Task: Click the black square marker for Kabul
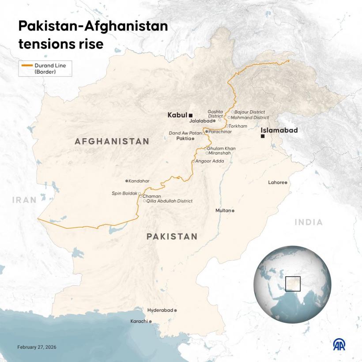coord(191,115)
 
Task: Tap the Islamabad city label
coord(279,130)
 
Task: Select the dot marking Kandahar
coord(127,181)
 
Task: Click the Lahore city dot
coord(286,183)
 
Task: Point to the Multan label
coord(223,211)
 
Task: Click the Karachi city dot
coord(151,321)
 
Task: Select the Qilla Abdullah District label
coord(170,201)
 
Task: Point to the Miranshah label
coord(219,153)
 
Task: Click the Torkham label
coord(238,126)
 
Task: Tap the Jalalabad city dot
coord(214,121)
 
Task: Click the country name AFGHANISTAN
coord(112,142)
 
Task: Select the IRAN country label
coord(24,200)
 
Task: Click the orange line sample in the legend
coord(27,65)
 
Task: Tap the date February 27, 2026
coord(37,347)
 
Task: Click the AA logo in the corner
coord(339,345)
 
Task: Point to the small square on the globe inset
coord(293,284)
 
